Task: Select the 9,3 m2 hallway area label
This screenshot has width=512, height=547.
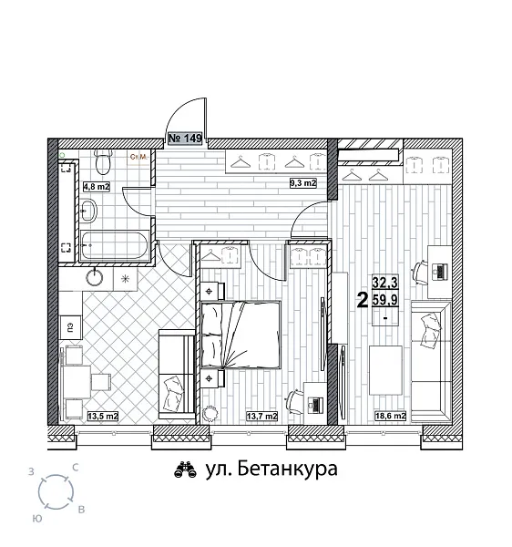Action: (x=302, y=183)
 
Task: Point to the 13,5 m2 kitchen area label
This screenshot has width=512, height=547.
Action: (x=102, y=417)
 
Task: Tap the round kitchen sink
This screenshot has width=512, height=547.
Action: (x=96, y=278)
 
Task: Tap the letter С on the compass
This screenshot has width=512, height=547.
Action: (x=76, y=467)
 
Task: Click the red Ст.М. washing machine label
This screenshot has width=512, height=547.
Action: (x=139, y=157)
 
